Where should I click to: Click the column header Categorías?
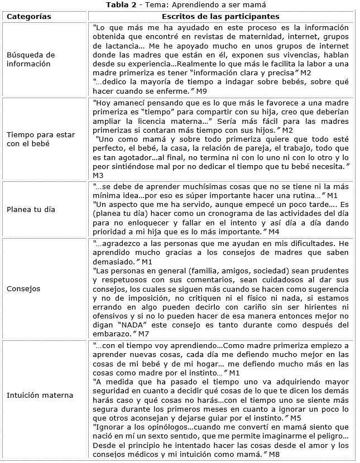pos(28,16)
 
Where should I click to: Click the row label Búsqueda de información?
pos(31,59)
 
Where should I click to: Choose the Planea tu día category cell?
pos(30,210)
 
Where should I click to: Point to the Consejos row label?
pos(23,289)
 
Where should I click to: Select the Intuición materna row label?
pos(40,396)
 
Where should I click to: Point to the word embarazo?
pos(112,334)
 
